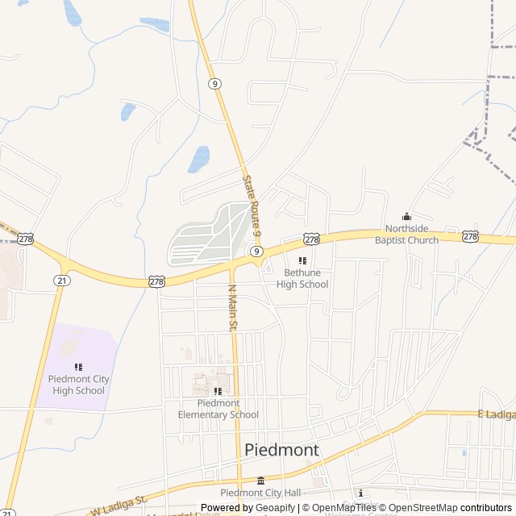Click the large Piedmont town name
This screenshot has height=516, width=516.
click(281, 450)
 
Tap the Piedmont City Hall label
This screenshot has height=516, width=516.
click(260, 493)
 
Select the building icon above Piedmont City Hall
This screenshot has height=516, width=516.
click(260, 481)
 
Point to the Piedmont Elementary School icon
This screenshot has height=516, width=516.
click(218, 391)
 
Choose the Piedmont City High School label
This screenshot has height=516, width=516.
click(78, 385)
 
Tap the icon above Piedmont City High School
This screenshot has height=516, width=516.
click(78, 367)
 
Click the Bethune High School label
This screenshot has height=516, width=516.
click(302, 278)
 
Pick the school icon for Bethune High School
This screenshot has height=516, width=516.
click(302, 260)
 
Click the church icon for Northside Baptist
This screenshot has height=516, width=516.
click(406, 216)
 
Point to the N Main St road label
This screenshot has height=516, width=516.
click(231, 307)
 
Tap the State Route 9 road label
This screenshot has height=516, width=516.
click(252, 205)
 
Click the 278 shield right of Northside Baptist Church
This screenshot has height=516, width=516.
click(471, 236)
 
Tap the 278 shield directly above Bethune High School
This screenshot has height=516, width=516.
click(312, 239)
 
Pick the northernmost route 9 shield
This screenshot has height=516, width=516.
click(214, 83)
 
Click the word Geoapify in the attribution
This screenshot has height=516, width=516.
click(276, 508)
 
